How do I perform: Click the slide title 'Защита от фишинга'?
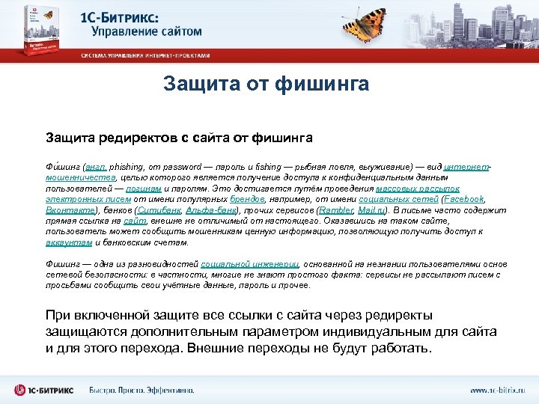coord(266,84)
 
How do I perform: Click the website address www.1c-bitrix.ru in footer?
coord(498,390)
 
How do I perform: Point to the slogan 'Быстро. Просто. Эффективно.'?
coord(142,390)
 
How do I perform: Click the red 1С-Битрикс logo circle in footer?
coord(20,389)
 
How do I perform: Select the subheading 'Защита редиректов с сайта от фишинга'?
coord(179,138)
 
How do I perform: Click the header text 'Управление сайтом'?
coord(147,32)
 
